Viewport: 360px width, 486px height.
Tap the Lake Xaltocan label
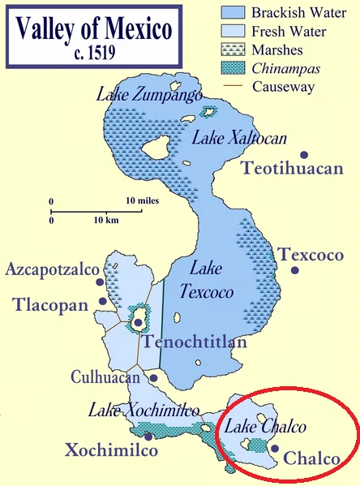point(239,139)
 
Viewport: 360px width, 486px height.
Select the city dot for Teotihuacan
point(304,154)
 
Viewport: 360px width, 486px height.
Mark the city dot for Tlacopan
point(102,302)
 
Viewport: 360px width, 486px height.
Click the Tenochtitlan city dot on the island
point(139,323)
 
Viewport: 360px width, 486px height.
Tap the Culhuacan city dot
point(153,377)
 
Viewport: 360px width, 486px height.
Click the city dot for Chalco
point(276,449)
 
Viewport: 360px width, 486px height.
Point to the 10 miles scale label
point(142,200)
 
